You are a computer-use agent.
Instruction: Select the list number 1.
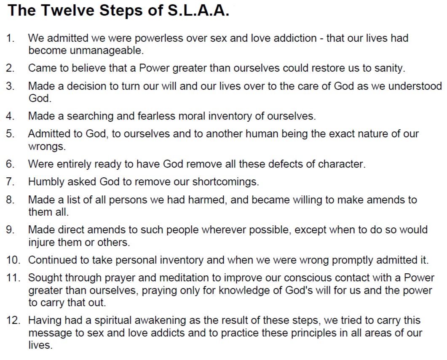point(11,38)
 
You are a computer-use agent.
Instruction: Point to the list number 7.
point(11,182)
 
